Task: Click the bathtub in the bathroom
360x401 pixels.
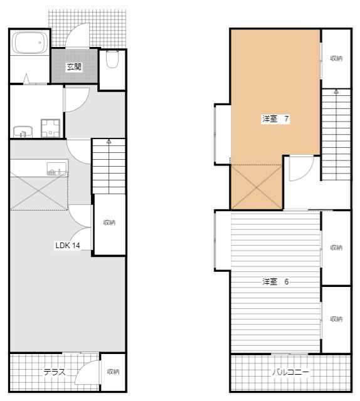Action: (x=29, y=43)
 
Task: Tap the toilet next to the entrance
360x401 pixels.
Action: (x=112, y=60)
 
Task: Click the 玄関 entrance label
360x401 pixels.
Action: (x=74, y=67)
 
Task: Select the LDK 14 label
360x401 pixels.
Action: (x=68, y=246)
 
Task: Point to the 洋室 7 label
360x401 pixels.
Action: (x=275, y=119)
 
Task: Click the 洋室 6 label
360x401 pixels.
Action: (x=275, y=282)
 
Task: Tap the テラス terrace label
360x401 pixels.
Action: (x=55, y=372)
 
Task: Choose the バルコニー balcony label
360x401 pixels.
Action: (x=290, y=372)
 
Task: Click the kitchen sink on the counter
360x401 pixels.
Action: (x=56, y=169)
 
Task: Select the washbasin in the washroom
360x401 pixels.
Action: (x=23, y=132)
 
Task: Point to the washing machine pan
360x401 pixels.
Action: (x=50, y=128)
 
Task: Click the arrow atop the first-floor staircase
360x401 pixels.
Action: (x=109, y=141)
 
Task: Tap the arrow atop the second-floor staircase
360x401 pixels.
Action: (x=336, y=91)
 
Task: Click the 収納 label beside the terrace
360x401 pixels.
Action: (x=113, y=372)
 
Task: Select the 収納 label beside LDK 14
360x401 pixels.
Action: (x=109, y=223)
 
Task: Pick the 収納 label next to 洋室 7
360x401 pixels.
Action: (x=336, y=58)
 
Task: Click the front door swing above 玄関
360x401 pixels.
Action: (x=77, y=35)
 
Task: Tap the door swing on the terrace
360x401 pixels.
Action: (x=87, y=372)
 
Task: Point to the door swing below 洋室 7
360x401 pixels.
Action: (x=301, y=169)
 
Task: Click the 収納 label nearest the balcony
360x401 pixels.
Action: (x=336, y=319)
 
